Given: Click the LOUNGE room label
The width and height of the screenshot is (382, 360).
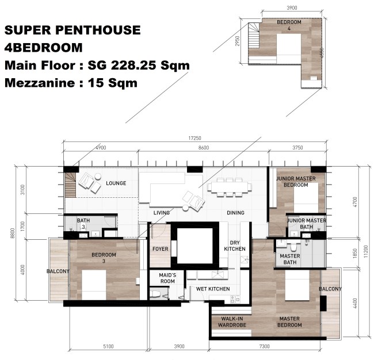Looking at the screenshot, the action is tap(116, 183).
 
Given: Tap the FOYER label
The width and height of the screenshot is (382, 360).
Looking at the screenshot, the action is tap(161, 249).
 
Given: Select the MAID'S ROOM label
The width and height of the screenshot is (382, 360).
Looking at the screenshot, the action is tap(167, 278).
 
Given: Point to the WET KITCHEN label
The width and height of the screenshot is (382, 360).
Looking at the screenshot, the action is tap(213, 289).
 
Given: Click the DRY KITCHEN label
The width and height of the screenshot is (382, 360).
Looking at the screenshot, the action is tap(235, 246).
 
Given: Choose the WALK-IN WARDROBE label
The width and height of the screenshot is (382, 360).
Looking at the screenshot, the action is tap(232, 322).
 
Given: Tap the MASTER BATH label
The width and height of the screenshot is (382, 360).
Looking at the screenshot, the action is tap(290, 259).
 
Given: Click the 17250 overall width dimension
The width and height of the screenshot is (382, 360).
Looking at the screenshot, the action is tap(194, 138).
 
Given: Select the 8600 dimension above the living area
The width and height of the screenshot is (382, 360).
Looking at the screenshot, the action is tap(204, 148).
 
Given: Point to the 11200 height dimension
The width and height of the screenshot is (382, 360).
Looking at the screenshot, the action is tap(366, 251).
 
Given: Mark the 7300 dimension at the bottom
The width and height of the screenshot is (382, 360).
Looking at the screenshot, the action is tap(265, 346).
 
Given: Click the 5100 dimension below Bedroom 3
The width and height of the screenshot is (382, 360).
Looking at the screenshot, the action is tap(108, 346).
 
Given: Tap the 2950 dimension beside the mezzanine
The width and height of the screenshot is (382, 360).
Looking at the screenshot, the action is tap(237, 41).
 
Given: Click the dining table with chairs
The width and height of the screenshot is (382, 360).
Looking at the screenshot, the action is tap(229, 187).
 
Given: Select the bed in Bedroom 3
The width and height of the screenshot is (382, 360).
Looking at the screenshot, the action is tap(94, 285).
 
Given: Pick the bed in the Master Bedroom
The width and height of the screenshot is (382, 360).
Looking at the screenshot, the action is tap(297, 285).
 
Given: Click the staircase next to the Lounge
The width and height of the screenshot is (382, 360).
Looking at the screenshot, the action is tap(70, 185).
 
